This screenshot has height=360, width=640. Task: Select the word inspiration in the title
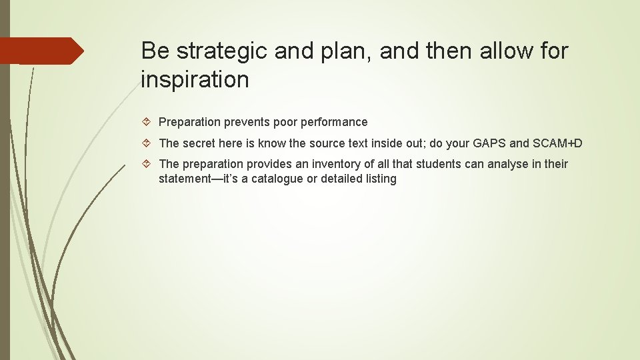(x=195, y=80)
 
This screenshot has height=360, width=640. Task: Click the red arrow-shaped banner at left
(x=41, y=51)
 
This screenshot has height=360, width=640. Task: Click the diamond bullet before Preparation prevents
(x=148, y=122)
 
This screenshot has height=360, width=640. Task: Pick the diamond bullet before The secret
(x=148, y=143)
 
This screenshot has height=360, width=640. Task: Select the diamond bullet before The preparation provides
(x=148, y=164)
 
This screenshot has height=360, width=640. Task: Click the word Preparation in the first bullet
(x=189, y=122)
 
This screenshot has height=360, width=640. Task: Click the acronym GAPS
(x=489, y=143)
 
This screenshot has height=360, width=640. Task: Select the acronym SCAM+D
(x=557, y=143)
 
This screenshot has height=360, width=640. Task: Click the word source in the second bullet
(x=326, y=143)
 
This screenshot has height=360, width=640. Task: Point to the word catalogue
(x=278, y=179)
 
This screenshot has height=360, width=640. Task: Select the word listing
(x=379, y=179)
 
